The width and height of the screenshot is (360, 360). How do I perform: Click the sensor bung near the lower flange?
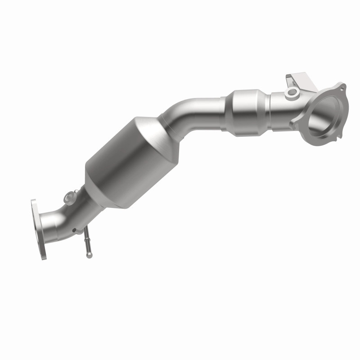pyautogui.click(x=70, y=196)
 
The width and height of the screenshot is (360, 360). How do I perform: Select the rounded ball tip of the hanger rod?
pyautogui.click(x=90, y=255)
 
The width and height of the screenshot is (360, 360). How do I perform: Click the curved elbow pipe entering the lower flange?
pyautogui.click(x=56, y=220)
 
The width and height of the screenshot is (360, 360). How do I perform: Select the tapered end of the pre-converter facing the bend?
pyautogui.click(x=229, y=110)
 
